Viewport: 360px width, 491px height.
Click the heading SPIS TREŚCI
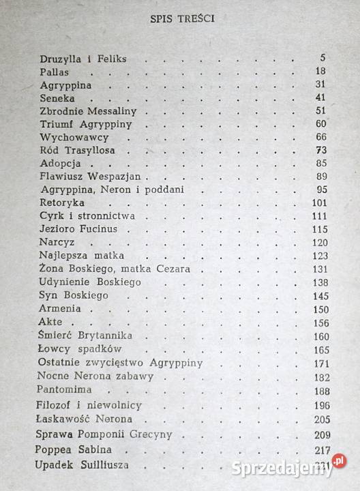point(182,18)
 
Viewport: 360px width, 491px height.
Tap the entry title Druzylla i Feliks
point(82,59)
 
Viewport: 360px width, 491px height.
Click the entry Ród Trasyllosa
point(84,149)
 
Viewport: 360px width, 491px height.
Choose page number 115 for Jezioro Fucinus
point(318,228)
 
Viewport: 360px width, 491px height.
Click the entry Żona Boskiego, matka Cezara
point(115,268)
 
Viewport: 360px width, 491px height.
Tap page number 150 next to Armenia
point(318,309)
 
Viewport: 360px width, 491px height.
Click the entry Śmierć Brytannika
point(86,336)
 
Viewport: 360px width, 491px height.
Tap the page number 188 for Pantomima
point(318,391)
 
